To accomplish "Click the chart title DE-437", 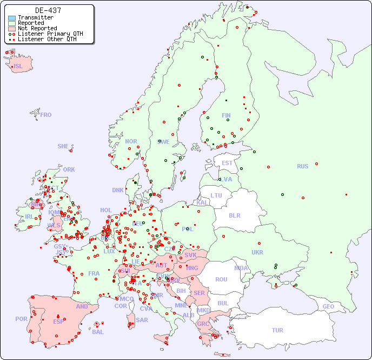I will [48, 10].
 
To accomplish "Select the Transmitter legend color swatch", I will [12, 18].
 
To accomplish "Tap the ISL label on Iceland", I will [18, 67].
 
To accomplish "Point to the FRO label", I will [46, 115].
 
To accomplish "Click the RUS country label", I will [302, 166].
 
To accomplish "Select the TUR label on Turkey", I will [277, 330].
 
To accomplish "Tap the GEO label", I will [328, 306].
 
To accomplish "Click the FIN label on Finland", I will [226, 115].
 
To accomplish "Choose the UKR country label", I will [257, 252].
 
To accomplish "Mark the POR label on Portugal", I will [21, 319].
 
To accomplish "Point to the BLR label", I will [235, 215].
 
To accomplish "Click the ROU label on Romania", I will [221, 279].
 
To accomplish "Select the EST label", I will [227, 163].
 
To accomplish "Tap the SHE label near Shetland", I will [63, 146].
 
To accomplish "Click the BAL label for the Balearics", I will [98, 332].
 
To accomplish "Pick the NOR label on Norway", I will [131, 141].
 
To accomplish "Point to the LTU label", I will [216, 195].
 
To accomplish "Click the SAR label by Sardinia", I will [142, 320].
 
